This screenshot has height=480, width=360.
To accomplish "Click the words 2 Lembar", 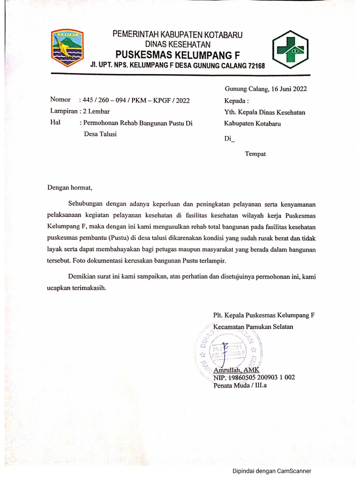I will (x=96, y=111).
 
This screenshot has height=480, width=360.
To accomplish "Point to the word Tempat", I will (x=255, y=154).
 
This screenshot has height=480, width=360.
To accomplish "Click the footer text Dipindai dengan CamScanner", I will (x=272, y=472).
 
